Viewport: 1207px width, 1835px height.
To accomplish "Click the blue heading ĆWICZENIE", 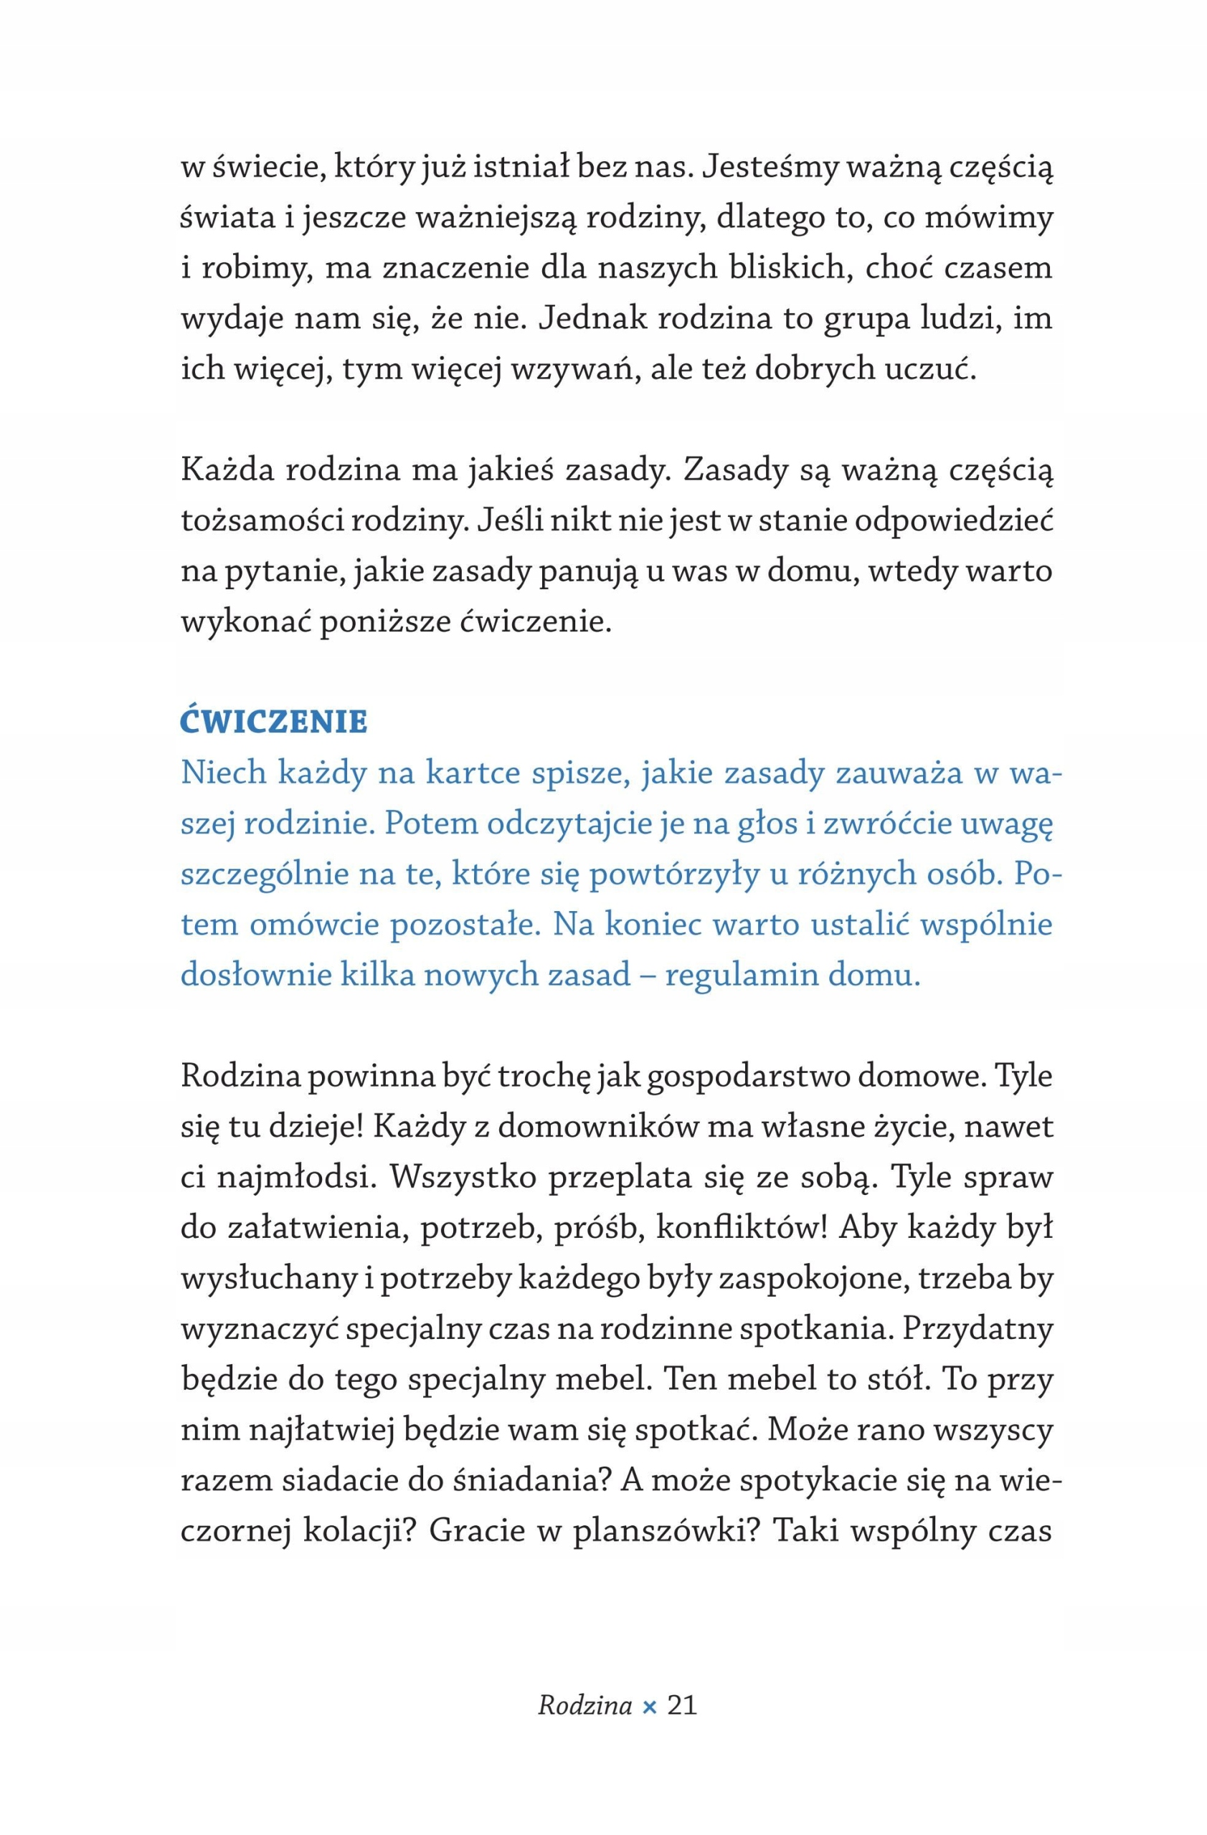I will [x=274, y=722].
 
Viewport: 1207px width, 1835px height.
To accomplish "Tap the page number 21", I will [x=682, y=1704].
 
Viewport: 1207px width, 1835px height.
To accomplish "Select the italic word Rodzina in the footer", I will [x=584, y=1704].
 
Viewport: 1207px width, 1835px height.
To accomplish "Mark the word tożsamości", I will [x=262, y=521].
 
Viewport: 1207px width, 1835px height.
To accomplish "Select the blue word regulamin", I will [x=740, y=975].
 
